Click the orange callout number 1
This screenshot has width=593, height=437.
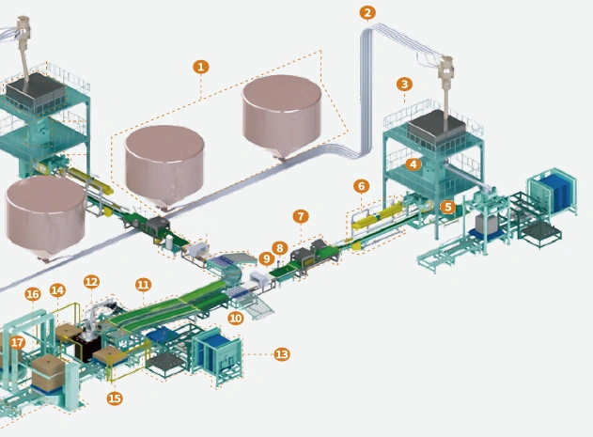point(200,67)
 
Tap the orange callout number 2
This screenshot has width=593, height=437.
point(367,12)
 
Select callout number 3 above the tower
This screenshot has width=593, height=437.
point(404,84)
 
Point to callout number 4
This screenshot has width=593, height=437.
point(413,164)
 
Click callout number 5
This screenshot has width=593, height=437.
point(447,206)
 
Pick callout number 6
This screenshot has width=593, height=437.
point(362,185)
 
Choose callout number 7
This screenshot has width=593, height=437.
point(300,216)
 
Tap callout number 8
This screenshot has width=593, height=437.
point(280,248)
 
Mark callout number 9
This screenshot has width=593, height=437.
point(266,258)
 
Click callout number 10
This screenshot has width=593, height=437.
point(235,319)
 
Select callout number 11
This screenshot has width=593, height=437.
point(143,283)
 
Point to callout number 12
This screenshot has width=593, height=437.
point(91,281)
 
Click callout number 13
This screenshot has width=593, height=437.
point(281,353)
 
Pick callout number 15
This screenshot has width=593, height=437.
point(115,398)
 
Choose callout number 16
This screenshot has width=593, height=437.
point(33,294)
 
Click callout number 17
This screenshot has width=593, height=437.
point(17,342)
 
